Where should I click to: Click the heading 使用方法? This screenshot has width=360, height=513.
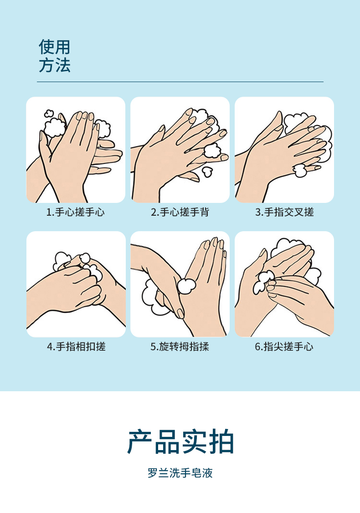pos(55,56)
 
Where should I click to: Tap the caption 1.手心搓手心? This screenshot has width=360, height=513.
pos(75,212)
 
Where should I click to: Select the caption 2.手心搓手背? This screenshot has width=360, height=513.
pos(180,212)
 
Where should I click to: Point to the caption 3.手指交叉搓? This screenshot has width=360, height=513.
pos(284,212)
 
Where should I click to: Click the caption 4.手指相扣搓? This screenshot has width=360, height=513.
pos(76,347)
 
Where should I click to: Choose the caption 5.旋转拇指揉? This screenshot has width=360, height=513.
pos(180,347)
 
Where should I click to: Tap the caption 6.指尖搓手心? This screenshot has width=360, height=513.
pos(284,347)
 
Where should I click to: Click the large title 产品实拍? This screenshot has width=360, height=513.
pos(180,442)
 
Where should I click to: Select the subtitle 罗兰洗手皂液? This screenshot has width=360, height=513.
pos(180,473)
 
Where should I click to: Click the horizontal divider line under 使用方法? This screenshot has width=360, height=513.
pos(180,82)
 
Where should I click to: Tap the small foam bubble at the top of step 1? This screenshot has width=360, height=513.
pos(49,114)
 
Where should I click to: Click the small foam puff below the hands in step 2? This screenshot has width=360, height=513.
pos(207,171)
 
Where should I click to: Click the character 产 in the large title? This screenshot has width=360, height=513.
pos(140,442)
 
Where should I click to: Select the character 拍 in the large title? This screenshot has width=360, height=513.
pos(221,442)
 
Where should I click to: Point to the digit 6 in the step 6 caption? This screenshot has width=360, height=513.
pos(257,347)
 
